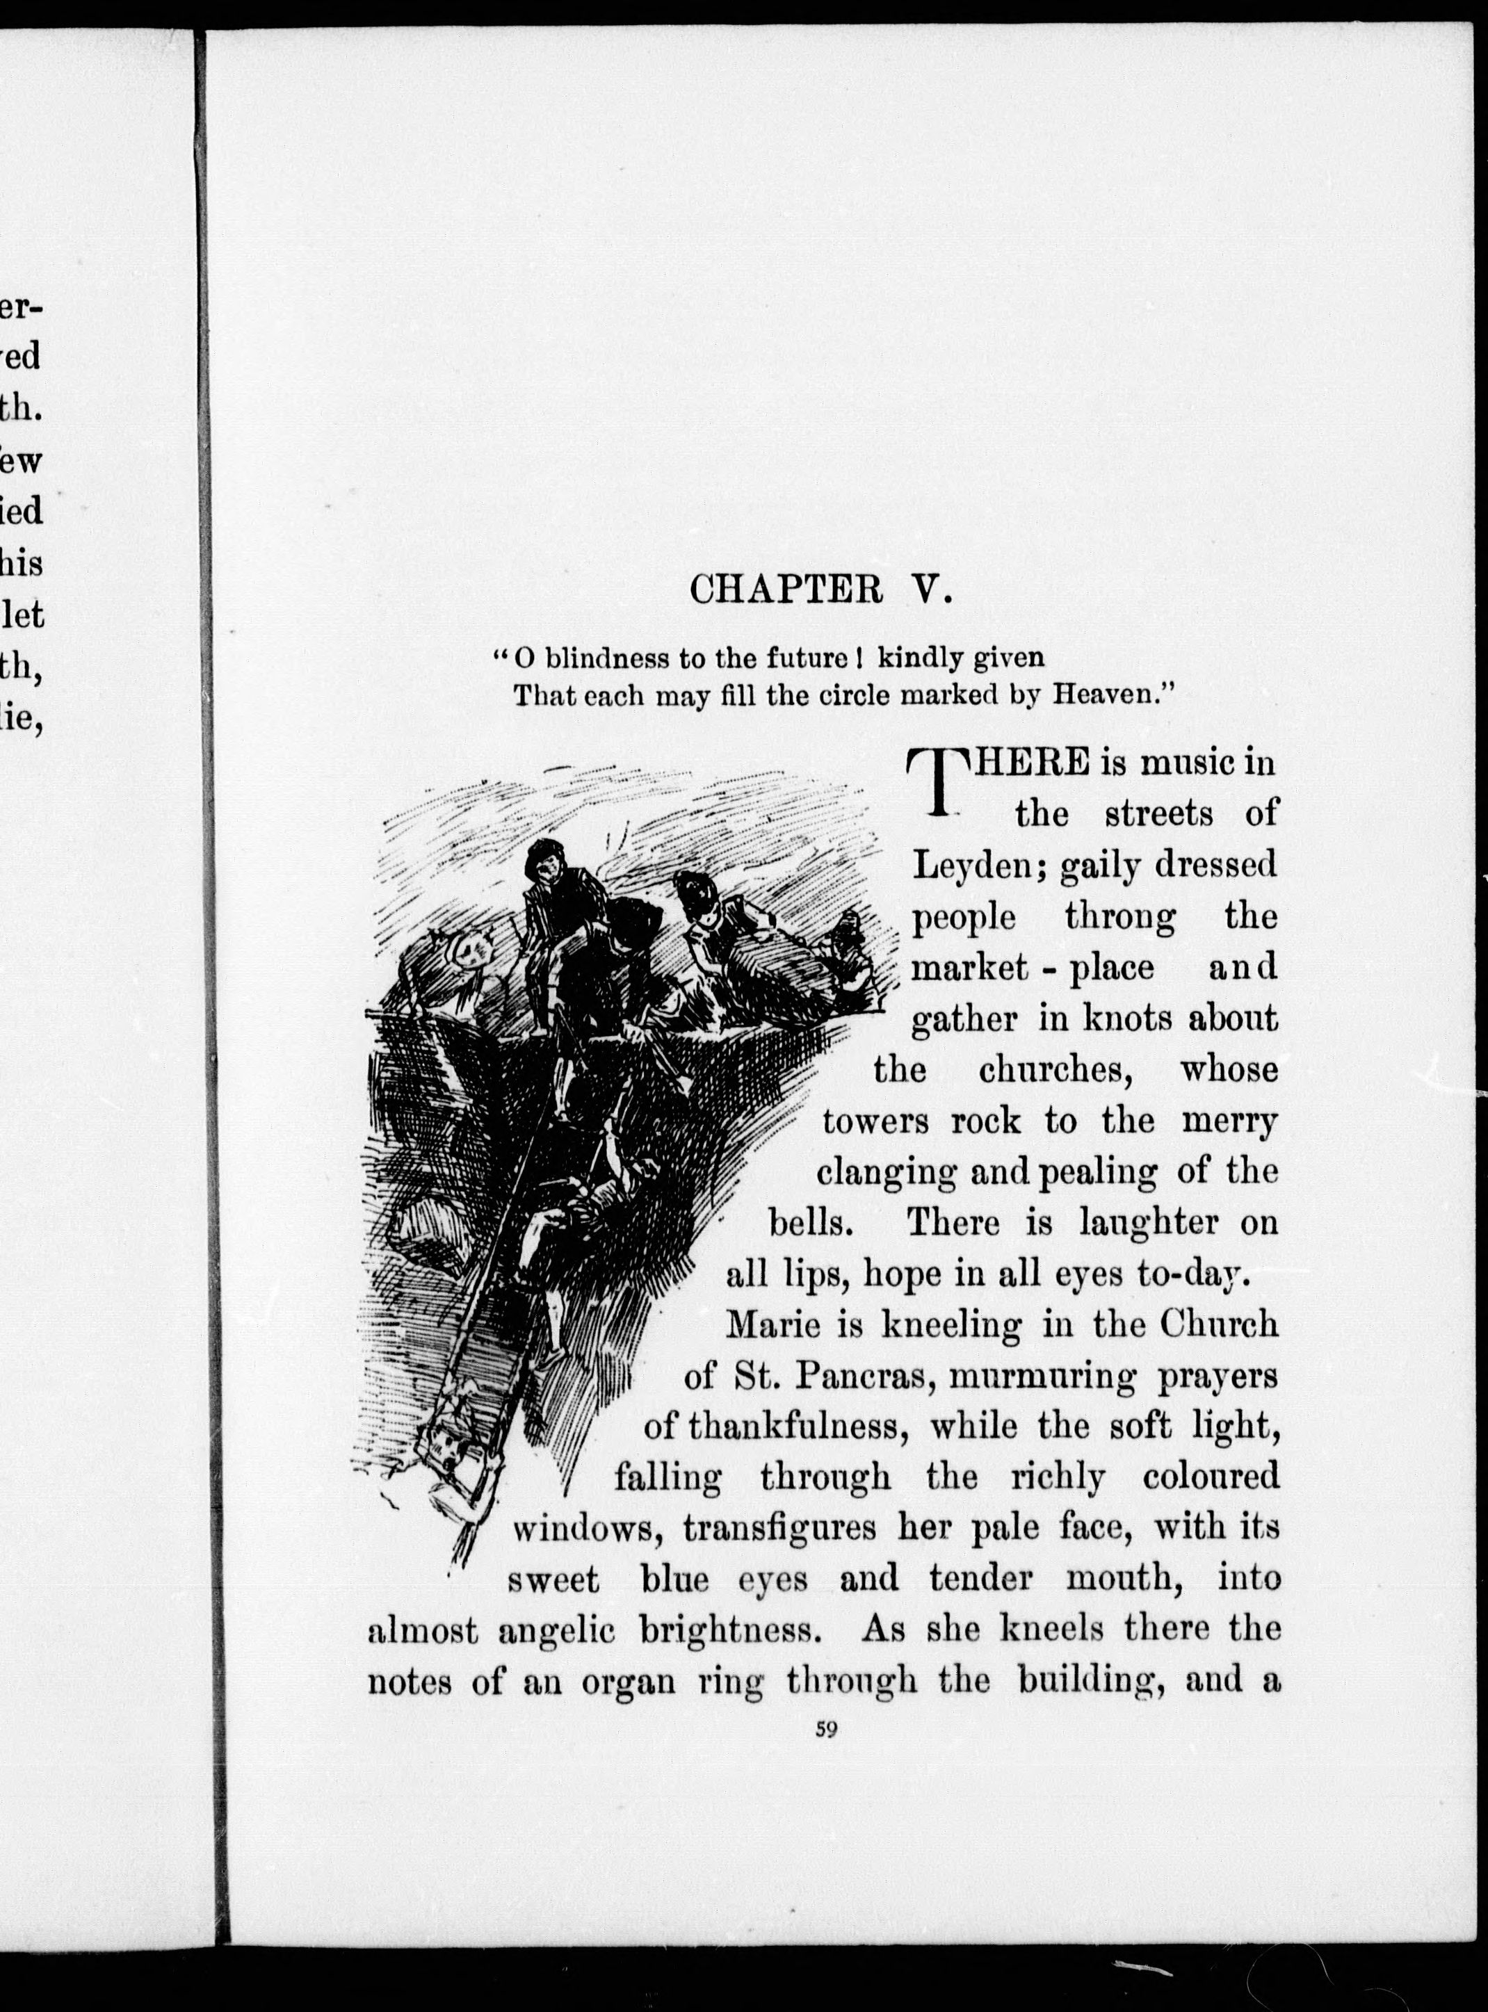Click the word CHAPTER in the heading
(x=786, y=590)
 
